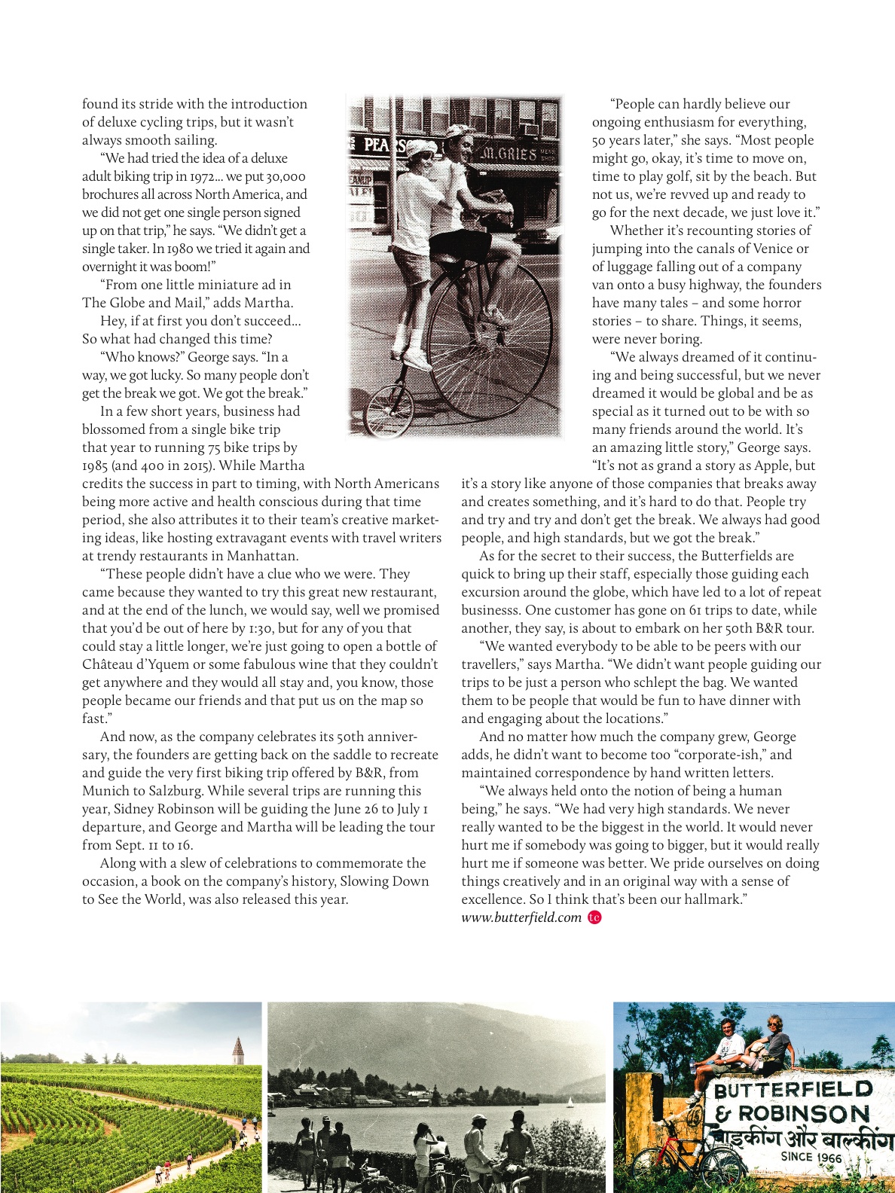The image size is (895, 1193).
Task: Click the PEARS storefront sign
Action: pyautogui.click(x=384, y=145)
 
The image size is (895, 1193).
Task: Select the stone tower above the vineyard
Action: pyautogui.click(x=237, y=1048)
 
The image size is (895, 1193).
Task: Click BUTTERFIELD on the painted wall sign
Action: pyautogui.click(x=793, y=1089)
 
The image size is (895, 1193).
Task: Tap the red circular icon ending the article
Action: pyautogui.click(x=594, y=917)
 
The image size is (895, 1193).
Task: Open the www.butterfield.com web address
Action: pyautogui.click(x=521, y=917)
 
